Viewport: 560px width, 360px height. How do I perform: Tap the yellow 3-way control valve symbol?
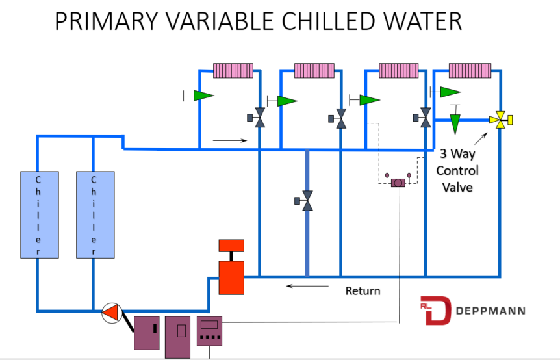pos(500,120)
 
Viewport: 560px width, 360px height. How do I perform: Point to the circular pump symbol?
pos(112,313)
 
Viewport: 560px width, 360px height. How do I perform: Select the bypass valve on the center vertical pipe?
pos(307,201)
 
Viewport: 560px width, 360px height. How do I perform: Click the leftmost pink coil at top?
pos(233,70)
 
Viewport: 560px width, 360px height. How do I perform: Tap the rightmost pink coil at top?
pos(470,70)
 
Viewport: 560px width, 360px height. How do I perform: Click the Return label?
pos(363,290)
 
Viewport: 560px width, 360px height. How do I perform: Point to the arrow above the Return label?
pos(300,285)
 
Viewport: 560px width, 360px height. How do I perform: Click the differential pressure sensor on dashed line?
pos(397,183)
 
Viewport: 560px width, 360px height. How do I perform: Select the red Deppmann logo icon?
pos(436,311)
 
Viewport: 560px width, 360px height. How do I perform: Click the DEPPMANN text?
pos(490,311)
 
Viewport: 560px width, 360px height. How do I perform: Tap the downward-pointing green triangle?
pos(455,123)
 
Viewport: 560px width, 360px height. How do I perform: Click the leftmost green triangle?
pos(203,96)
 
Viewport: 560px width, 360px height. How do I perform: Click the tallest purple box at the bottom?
pos(177,337)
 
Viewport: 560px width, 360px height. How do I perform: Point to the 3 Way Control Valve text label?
pos(457,171)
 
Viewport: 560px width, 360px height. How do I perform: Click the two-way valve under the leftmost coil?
pos(259,118)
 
